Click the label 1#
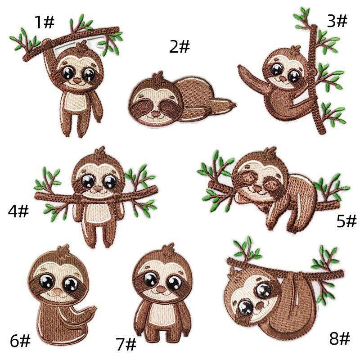click(x=45, y=21)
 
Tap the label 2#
click(x=180, y=46)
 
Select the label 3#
click(x=337, y=20)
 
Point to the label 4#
click(x=18, y=211)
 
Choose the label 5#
click(x=346, y=220)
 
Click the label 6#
click(x=20, y=341)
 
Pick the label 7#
click(x=126, y=345)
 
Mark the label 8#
click(x=339, y=338)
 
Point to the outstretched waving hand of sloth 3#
click(x=243, y=71)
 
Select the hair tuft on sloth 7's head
click(x=169, y=249)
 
